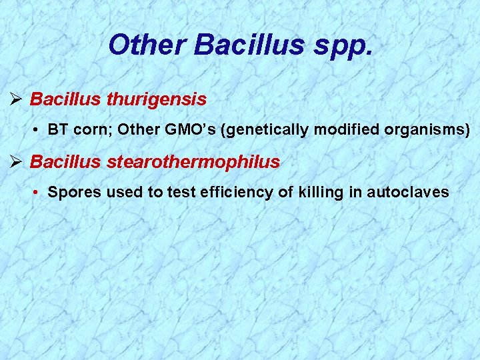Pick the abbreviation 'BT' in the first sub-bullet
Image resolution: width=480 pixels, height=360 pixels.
[58, 129]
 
